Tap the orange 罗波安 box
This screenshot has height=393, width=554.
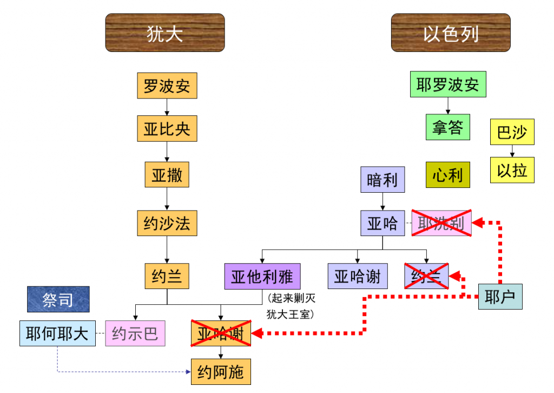point(167,86)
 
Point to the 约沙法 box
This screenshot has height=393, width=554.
point(167,222)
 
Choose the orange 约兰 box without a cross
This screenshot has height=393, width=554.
point(167,277)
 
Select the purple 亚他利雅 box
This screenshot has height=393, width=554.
point(262,277)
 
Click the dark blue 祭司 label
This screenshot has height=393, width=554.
point(58,299)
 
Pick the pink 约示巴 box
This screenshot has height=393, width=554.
point(135,333)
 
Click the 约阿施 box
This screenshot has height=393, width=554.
point(221,371)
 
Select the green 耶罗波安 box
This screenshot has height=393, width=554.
point(448,84)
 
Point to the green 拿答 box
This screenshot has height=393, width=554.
point(448,127)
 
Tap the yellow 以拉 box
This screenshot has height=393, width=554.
point(512,170)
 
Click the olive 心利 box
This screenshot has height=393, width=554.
point(448,175)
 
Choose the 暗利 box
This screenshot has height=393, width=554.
point(382,180)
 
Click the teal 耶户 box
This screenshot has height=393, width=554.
point(500,297)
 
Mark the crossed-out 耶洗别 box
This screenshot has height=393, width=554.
point(441,223)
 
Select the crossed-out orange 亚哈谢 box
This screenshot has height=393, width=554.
point(221,333)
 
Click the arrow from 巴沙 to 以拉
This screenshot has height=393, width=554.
point(512,151)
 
